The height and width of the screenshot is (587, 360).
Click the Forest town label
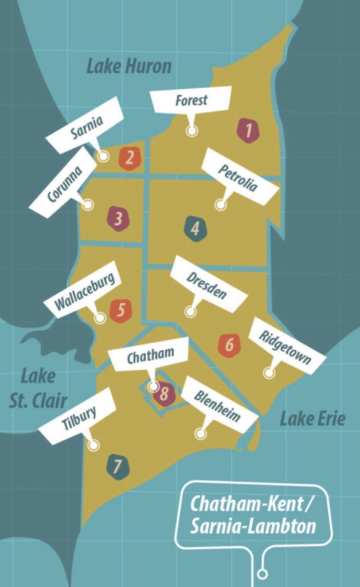(191, 100)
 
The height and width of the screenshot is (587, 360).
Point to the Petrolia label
(238, 177)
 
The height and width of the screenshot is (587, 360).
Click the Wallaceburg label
(85, 289)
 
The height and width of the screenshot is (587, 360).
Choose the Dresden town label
(208, 284)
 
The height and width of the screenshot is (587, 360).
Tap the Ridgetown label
(286, 346)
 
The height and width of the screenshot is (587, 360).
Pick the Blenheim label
(218, 405)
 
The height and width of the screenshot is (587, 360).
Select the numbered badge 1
(248, 130)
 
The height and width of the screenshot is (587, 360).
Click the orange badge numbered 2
(130, 158)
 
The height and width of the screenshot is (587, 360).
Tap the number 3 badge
(118, 218)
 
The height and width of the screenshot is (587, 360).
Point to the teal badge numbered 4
(195, 229)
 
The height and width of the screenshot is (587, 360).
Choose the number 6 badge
(229, 345)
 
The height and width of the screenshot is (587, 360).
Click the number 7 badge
(118, 467)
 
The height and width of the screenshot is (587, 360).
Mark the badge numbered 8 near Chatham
(165, 394)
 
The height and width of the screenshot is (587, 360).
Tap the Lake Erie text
(312, 419)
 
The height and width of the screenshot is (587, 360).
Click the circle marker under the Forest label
(192, 131)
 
